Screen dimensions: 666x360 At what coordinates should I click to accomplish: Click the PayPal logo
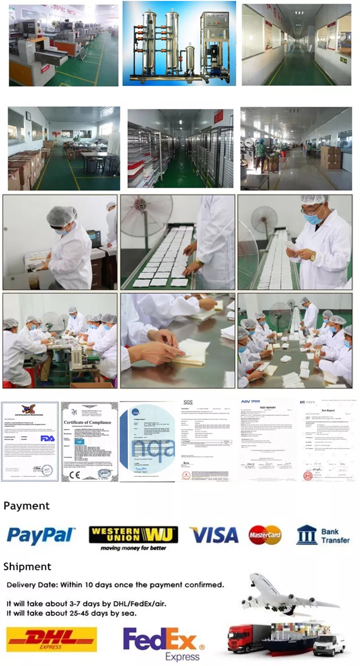(x=41, y=535)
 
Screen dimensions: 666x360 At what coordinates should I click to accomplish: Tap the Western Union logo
(x=133, y=535)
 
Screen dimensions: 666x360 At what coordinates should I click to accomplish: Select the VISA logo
(x=214, y=535)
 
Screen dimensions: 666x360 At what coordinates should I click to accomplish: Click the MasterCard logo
(x=265, y=535)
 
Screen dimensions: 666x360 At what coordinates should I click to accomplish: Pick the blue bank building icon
(x=306, y=535)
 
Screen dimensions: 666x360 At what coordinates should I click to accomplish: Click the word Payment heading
(x=27, y=506)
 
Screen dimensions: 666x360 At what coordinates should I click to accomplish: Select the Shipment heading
(x=27, y=566)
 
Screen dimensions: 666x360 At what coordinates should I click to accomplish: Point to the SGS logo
(x=187, y=402)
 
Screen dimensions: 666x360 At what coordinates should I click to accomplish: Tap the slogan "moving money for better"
(x=133, y=548)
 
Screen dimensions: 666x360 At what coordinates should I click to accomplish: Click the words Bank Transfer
(x=336, y=535)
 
